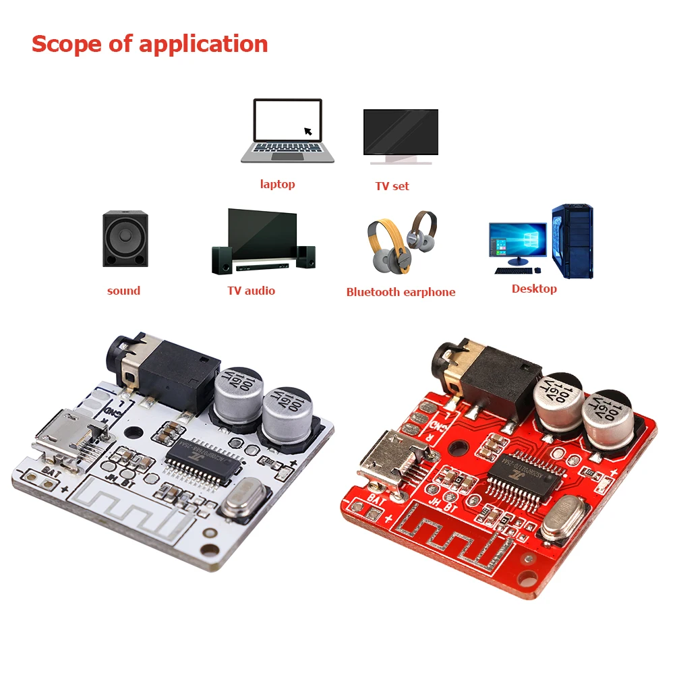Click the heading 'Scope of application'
click(x=150, y=44)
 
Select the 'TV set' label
click(x=392, y=186)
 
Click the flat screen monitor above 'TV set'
click(x=401, y=134)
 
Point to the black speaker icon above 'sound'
click(x=125, y=239)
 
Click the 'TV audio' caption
click(x=251, y=291)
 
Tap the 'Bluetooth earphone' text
click(x=401, y=292)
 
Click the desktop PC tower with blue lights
click(x=573, y=241)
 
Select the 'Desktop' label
click(x=534, y=289)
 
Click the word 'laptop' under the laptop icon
click(x=277, y=184)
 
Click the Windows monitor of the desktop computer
click(x=517, y=240)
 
